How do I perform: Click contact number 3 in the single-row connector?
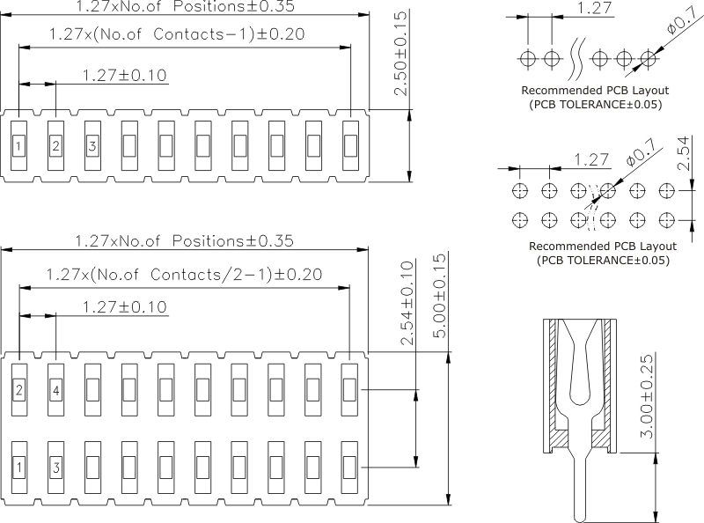pos(92,144)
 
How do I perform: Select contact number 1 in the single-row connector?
pos(18,144)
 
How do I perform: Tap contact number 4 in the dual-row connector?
pos(55,389)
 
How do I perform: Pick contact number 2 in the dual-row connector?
pos(18,389)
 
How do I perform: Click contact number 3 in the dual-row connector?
pos(55,467)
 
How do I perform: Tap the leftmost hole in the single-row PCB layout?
pos(528,59)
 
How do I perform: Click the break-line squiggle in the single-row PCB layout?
pos(577,59)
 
